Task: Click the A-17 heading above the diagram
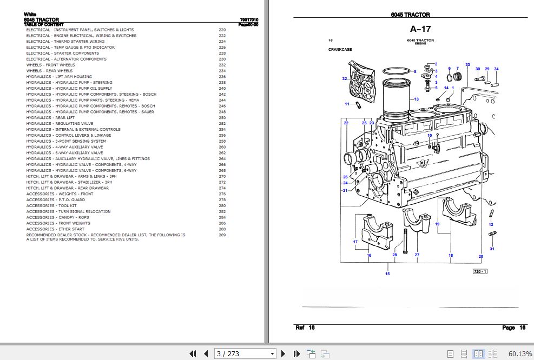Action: [420, 30]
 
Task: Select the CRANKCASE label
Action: [340, 50]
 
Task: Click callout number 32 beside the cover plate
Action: [344, 79]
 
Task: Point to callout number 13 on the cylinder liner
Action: [416, 99]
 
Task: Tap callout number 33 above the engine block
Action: [467, 65]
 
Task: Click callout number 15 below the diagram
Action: [387, 274]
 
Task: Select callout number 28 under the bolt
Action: [394, 255]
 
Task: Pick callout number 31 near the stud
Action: [492, 249]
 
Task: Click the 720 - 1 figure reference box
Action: [480, 271]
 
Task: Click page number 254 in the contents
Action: [222, 130]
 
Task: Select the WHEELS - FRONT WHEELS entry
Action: [51, 65]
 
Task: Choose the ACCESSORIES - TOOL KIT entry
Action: [51, 206]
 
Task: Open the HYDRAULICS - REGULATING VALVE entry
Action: [60, 124]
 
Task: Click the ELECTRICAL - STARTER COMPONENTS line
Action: [62, 54]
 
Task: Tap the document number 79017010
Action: [249, 19]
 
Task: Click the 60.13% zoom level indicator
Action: [520, 354]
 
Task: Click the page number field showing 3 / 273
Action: [245, 354]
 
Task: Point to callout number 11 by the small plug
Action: [347, 104]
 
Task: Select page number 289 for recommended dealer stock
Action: [222, 235]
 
